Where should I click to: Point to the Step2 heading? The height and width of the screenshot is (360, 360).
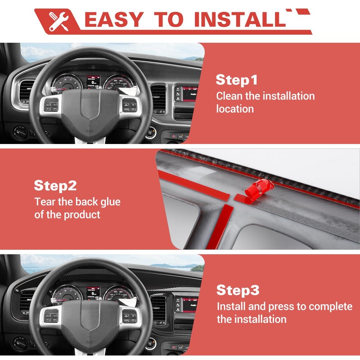click(55, 186)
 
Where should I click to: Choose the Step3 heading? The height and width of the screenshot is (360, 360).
click(238, 290)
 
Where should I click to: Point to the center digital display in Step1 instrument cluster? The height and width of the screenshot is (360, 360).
click(93, 82)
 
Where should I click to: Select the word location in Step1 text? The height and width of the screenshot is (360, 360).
click(234, 109)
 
